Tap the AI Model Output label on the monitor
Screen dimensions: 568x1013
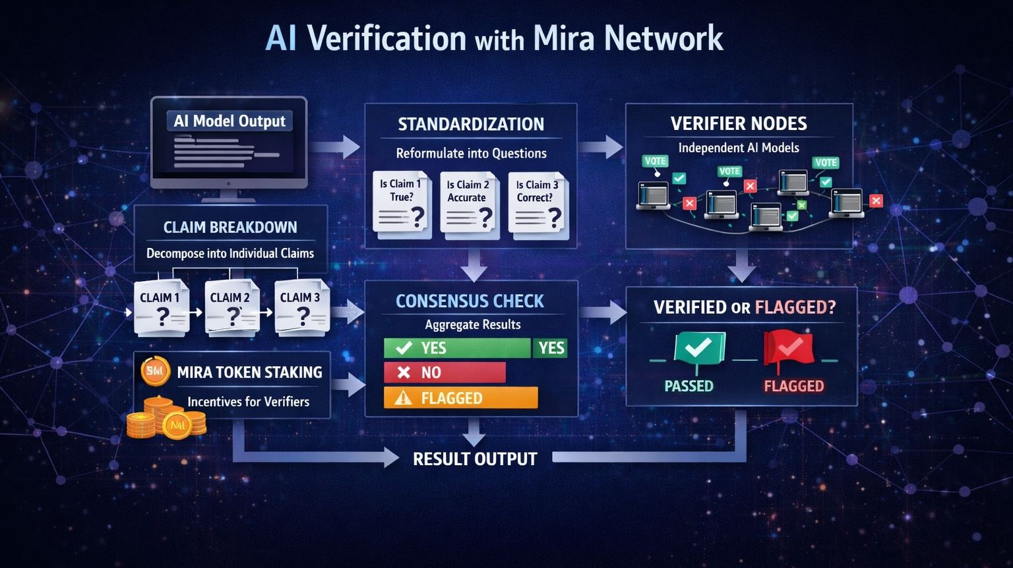click(x=230, y=121)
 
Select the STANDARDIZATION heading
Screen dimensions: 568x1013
click(x=471, y=124)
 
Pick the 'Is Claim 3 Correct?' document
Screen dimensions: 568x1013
click(x=537, y=204)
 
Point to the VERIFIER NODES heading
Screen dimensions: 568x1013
click(x=739, y=123)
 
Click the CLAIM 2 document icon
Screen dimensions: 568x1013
click(x=231, y=308)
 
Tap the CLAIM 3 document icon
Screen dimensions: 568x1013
click(x=301, y=308)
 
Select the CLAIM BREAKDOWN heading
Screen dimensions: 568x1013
click(x=230, y=228)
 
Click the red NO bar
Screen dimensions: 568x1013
click(x=445, y=373)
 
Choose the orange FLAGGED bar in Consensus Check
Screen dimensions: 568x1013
click(x=460, y=398)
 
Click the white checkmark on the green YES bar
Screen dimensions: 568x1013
click(x=404, y=348)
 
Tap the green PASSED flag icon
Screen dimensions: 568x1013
click(x=698, y=348)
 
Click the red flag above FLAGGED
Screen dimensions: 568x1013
click(x=788, y=348)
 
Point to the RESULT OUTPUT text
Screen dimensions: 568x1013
click(x=475, y=459)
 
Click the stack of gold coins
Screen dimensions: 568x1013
click(x=165, y=419)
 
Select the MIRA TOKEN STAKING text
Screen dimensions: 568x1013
click(x=249, y=373)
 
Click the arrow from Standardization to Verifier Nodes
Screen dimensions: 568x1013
click(x=601, y=146)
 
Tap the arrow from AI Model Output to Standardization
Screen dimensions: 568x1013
click(x=336, y=146)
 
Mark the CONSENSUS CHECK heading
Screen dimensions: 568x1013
click(x=470, y=301)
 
